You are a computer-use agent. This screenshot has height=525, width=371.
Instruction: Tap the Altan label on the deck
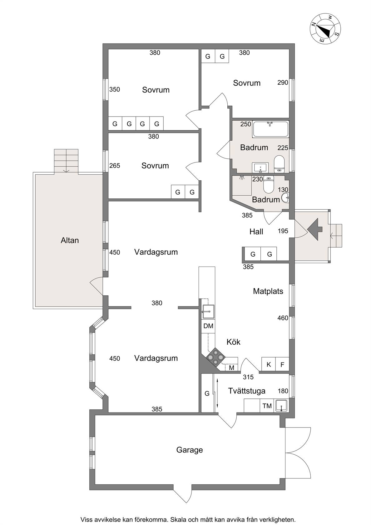[x=70, y=240]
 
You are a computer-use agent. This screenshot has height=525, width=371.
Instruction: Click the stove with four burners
[x=215, y=357]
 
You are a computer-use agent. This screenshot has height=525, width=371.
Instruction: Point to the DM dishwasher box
[x=208, y=326]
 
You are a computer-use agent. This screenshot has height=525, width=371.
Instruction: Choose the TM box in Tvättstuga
[x=267, y=406]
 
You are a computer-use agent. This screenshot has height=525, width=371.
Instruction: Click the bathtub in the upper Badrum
[x=270, y=129]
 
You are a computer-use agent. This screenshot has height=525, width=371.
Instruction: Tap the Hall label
[x=256, y=232]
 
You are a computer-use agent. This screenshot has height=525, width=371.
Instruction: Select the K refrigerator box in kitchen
[x=269, y=364]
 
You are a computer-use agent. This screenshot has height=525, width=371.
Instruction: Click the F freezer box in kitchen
[x=282, y=364]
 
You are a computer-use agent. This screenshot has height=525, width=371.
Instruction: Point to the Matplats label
[x=268, y=291]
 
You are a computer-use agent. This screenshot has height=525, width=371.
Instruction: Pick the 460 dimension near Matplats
[x=283, y=318]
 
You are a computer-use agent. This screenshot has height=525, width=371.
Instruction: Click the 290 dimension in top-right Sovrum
[x=283, y=82]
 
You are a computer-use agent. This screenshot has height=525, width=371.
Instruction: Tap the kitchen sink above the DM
[x=208, y=312]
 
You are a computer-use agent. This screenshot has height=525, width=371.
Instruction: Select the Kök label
[x=233, y=342]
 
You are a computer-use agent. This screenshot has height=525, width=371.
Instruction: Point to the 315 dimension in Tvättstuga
[x=248, y=377]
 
